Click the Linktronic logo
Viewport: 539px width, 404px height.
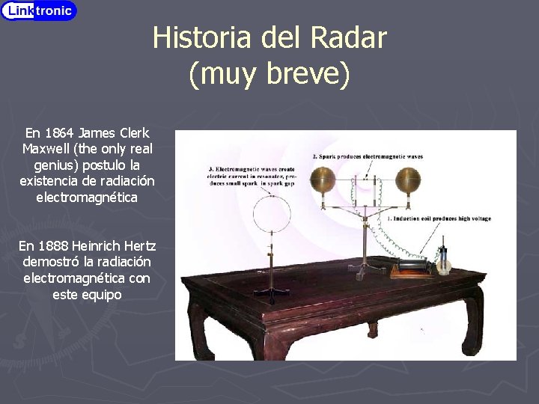(x=39, y=10)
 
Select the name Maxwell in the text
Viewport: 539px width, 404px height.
(x=49, y=148)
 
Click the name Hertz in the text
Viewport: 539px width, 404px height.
(x=133, y=245)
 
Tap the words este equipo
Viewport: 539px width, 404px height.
(x=87, y=295)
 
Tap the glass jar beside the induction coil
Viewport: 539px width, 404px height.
(x=444, y=262)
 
